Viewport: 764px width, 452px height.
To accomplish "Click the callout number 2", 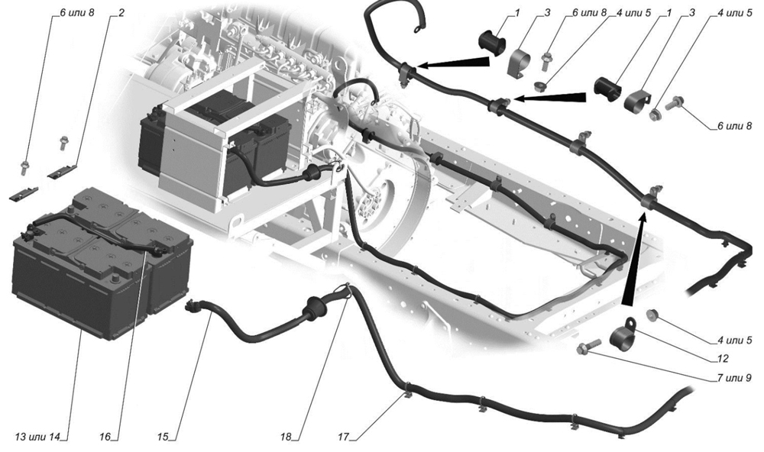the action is pyautogui.click(x=121, y=13).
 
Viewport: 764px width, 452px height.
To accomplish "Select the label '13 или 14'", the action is pyautogui.click(x=37, y=437).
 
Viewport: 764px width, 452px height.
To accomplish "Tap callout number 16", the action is pyautogui.click(x=105, y=437).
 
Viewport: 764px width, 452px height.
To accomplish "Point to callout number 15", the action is pyautogui.click(x=163, y=437).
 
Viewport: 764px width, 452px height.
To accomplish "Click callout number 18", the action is pyautogui.click(x=286, y=437).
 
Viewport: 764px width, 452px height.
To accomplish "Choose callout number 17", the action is pyautogui.click(x=344, y=437).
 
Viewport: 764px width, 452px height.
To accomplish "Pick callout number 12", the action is pyautogui.click(x=723, y=359).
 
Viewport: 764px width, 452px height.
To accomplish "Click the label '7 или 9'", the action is pyautogui.click(x=734, y=377).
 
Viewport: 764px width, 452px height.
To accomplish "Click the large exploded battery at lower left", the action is pyautogui.click(x=101, y=262).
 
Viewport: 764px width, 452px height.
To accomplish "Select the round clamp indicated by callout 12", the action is pyautogui.click(x=626, y=332).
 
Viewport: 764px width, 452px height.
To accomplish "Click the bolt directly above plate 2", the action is pyautogui.click(x=63, y=143).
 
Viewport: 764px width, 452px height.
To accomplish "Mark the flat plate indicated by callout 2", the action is pyautogui.click(x=63, y=170).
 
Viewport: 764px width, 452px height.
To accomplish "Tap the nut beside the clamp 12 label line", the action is pyautogui.click(x=652, y=315).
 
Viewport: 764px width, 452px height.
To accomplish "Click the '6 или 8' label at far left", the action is pyautogui.click(x=76, y=13).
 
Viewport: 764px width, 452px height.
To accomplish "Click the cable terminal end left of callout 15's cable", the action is pyautogui.click(x=192, y=306).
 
